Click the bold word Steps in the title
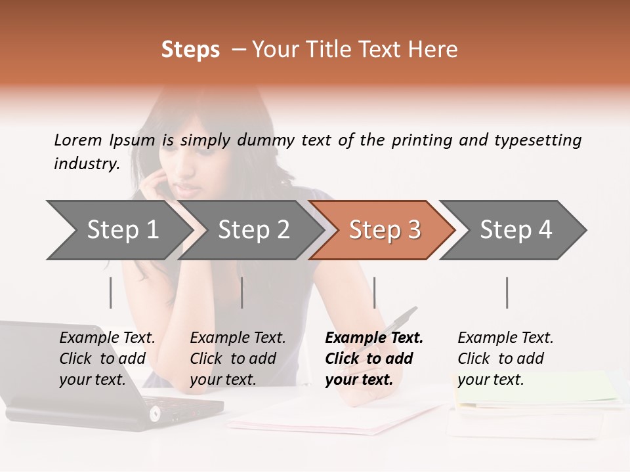[x=190, y=50]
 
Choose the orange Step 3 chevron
[x=384, y=230]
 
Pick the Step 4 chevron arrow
[x=515, y=230]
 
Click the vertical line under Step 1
[x=111, y=292]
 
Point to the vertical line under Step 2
[x=242, y=292]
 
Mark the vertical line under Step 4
[x=507, y=292]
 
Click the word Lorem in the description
[x=78, y=140]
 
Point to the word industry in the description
[x=86, y=164]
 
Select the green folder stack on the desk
[x=538, y=390]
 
